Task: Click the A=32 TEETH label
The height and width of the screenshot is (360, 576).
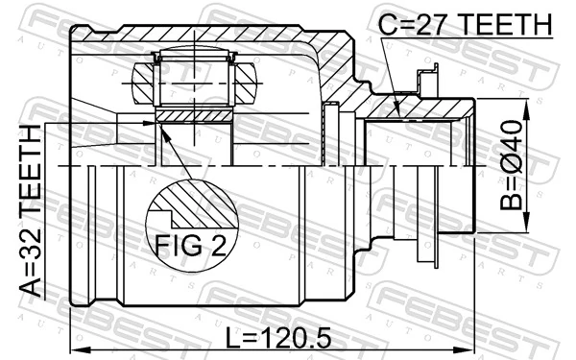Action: click(31, 211)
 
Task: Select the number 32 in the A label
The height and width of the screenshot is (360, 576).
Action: click(31, 250)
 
